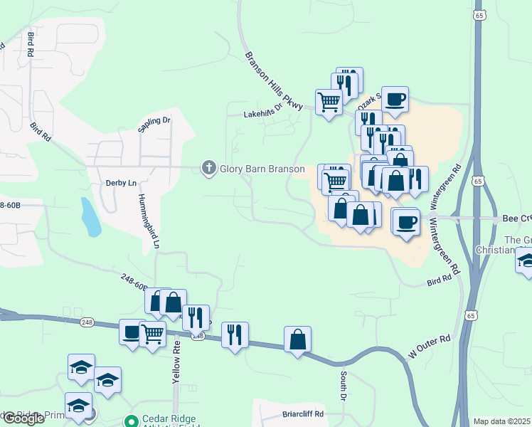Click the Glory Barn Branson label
click(262, 169)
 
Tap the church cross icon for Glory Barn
click(208, 168)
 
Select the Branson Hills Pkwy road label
click(274, 81)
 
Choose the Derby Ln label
click(121, 183)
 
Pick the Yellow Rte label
click(176, 363)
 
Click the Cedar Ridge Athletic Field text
click(171, 420)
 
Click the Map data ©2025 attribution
click(501, 421)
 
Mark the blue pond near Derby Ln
click(90, 218)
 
